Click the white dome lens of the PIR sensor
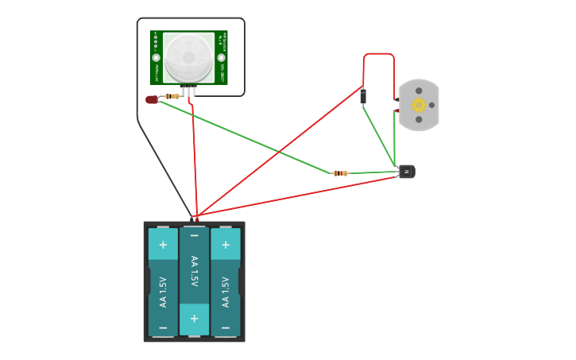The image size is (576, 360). coord(189,58)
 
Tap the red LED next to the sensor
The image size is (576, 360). coord(152,99)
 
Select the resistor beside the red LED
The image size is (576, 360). coord(172,96)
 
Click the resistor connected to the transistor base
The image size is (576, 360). coord(340,172)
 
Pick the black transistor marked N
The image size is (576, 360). coord(406,171)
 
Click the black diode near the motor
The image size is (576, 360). coord(363,96)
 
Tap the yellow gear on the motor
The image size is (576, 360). coord(419,105)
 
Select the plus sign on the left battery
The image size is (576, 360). coord(163,245)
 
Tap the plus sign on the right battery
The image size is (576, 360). coord(226,245)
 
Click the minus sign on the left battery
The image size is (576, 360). coord(163,327)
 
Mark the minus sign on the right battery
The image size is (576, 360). coord(226,327)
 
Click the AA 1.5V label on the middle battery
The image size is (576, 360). coord(194,271)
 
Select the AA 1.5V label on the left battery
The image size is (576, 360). coord(163,292)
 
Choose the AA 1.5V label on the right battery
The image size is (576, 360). coord(226,292)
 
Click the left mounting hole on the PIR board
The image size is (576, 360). coord(157,58)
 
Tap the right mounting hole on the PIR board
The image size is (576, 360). coord(222,58)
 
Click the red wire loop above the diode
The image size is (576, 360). coord(379,54)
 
